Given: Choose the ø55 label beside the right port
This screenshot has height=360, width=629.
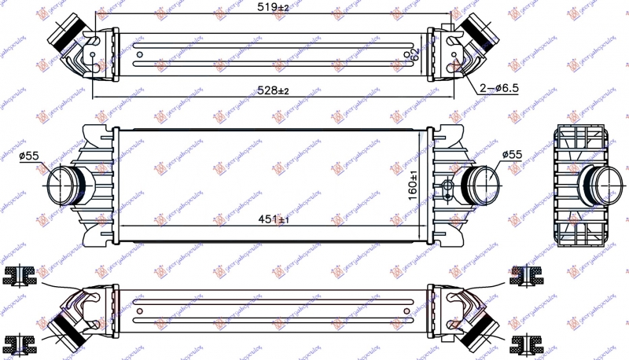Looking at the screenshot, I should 511,156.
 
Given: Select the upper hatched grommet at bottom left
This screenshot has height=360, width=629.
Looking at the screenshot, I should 20,275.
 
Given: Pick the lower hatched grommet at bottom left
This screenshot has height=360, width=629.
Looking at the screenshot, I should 20,343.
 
